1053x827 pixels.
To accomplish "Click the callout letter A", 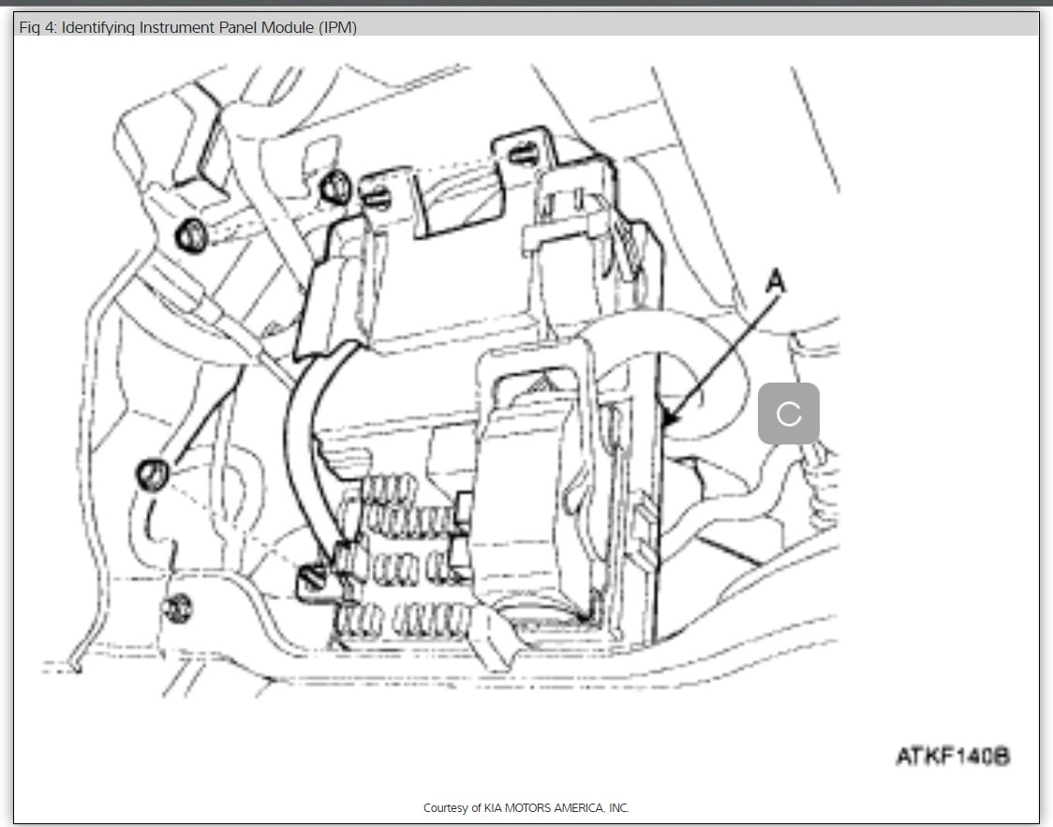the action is click(x=774, y=280).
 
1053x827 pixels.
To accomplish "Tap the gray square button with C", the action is click(x=788, y=413).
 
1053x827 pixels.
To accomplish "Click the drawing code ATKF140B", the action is click(x=952, y=756).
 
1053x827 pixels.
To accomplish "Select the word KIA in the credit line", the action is click(x=501, y=807).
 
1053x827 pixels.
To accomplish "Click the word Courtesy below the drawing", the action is click(x=445, y=807).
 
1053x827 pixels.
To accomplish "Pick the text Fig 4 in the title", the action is click(x=36, y=27).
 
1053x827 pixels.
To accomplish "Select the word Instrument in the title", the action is click(x=174, y=27).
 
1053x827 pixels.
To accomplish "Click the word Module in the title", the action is click(x=286, y=27).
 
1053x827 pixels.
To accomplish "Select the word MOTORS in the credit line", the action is click(x=535, y=807).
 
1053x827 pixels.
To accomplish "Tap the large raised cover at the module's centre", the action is click(x=529, y=488).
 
